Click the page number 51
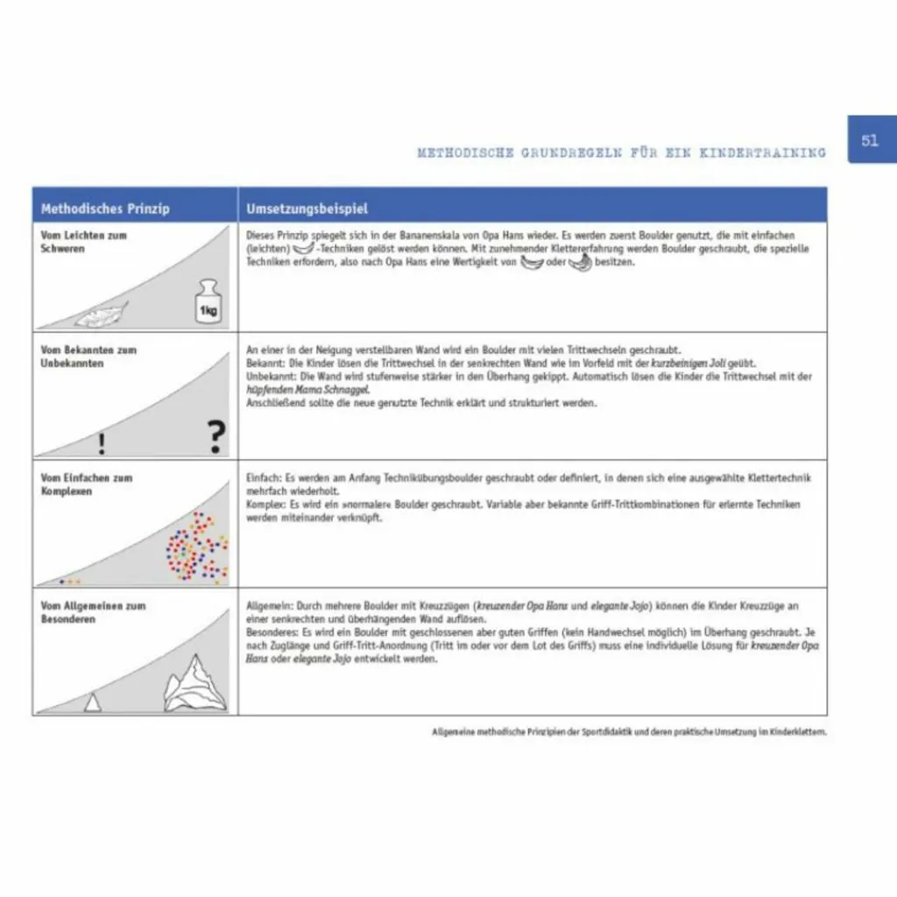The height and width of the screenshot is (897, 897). coord(870,140)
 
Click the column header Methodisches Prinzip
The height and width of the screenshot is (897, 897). coord(105,208)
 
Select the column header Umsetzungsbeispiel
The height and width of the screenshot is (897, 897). coord(307,208)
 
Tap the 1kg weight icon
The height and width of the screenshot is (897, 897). coord(208,302)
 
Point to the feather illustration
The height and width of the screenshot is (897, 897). coord(102,314)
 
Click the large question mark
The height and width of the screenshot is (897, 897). coord(215,436)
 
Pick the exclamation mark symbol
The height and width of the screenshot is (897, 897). coord(102,444)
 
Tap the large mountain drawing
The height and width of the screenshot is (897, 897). coord(195,684)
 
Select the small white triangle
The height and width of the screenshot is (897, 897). coord(92,702)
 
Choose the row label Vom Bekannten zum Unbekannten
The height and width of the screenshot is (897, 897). coord(88,356)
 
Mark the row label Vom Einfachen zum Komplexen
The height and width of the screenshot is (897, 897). coord(87,484)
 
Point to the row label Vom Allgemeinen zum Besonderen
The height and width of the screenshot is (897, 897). coord(93,611)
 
